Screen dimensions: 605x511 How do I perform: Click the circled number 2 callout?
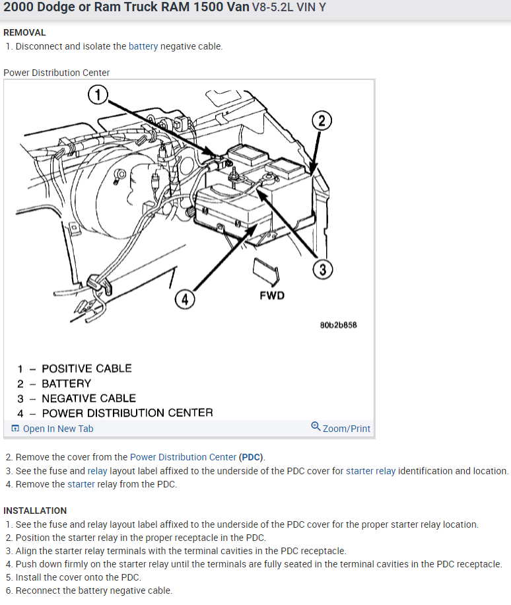[321, 121]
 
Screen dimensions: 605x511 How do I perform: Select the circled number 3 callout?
[322, 269]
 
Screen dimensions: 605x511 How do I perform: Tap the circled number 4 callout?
[184, 299]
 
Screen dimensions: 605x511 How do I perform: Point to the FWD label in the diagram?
[272, 295]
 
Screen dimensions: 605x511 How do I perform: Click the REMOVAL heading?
[24, 32]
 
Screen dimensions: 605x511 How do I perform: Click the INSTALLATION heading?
[35, 511]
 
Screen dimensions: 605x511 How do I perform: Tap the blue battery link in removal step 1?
[143, 46]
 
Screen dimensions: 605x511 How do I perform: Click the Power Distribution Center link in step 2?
[183, 457]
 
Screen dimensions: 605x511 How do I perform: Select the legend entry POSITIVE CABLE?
[86, 369]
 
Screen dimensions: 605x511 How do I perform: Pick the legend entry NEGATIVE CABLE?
[88, 398]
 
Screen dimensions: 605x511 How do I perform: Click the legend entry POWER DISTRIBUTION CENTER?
[127, 413]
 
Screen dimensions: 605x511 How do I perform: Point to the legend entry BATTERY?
[66, 384]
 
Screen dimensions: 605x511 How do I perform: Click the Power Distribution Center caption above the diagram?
[57, 73]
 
